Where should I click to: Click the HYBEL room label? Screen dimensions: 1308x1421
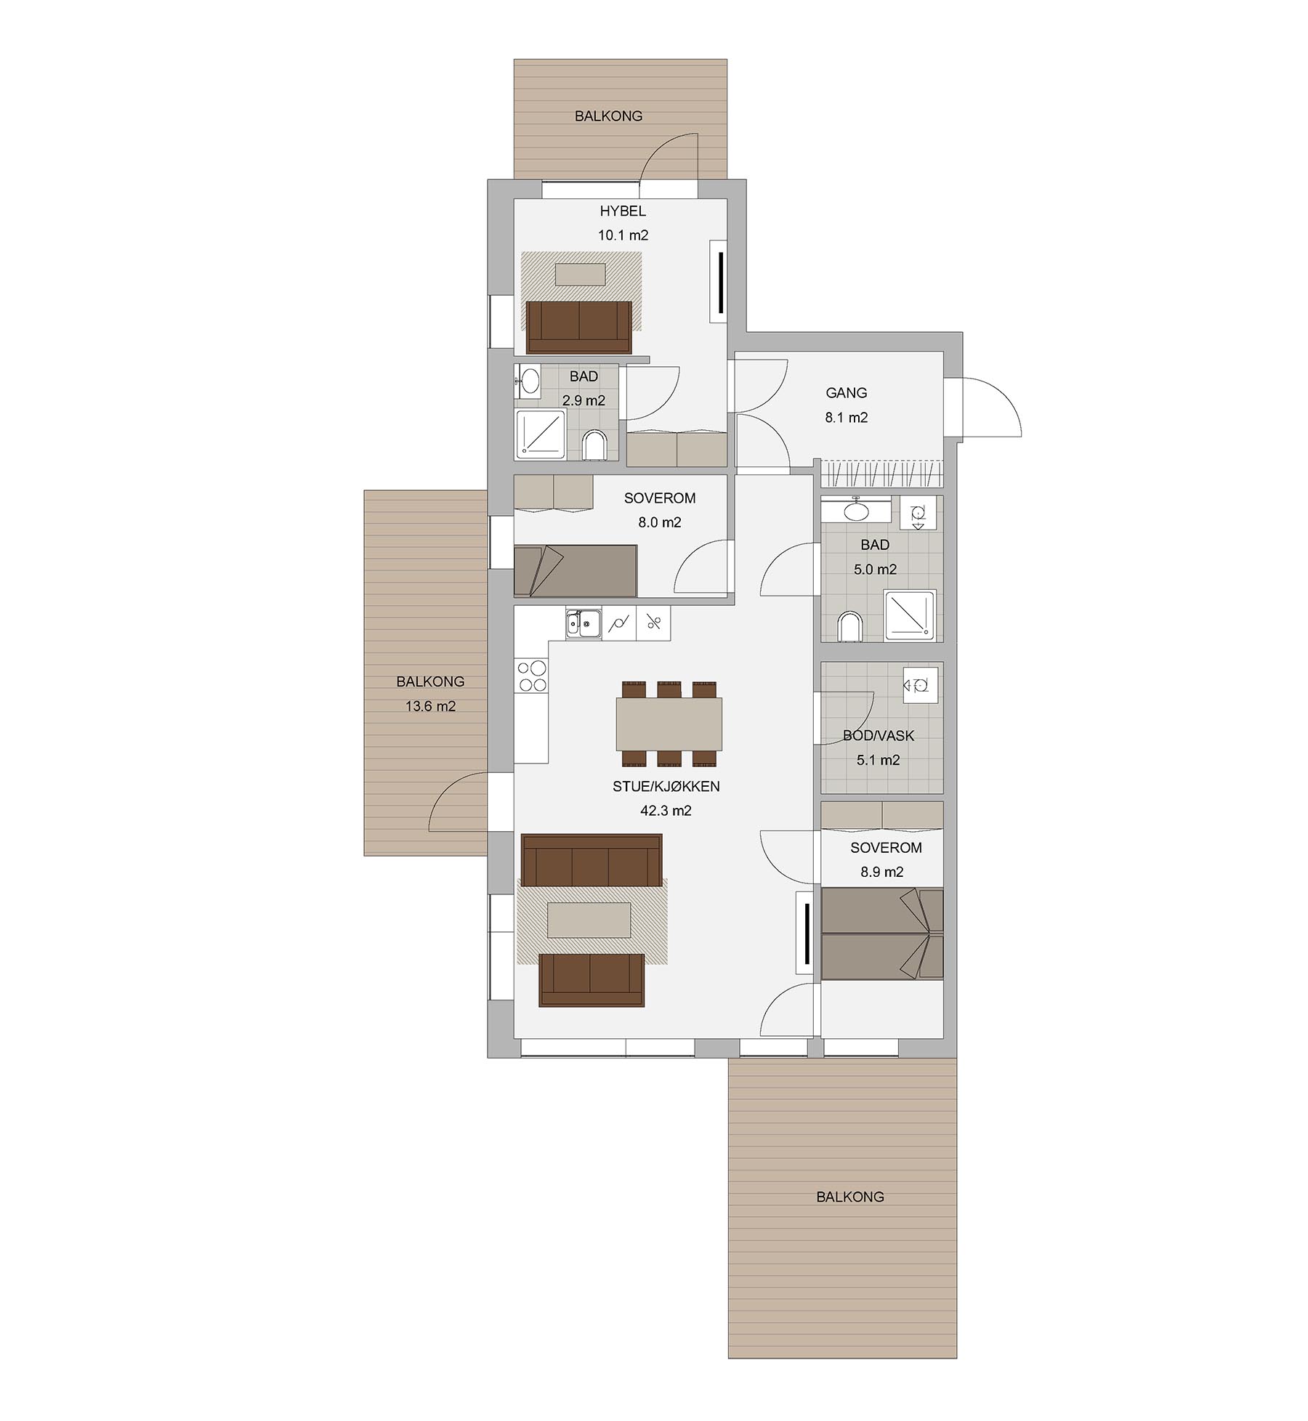point(622,211)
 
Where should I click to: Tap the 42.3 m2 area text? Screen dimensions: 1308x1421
point(666,810)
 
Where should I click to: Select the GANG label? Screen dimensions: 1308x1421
point(847,393)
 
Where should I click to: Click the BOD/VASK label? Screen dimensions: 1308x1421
point(879,736)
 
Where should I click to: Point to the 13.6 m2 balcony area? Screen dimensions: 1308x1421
point(430,705)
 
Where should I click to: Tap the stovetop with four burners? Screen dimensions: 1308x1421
point(531,675)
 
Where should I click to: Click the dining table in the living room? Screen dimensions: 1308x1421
point(669,724)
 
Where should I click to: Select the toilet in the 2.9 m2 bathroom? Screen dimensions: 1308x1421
point(594,445)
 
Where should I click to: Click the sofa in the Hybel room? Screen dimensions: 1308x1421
point(579,327)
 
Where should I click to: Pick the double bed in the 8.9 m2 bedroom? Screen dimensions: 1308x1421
point(882,934)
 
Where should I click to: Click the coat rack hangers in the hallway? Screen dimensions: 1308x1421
point(882,474)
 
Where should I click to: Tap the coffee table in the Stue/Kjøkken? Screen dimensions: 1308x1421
point(589,920)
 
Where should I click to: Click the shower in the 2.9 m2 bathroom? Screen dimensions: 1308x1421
point(541,434)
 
